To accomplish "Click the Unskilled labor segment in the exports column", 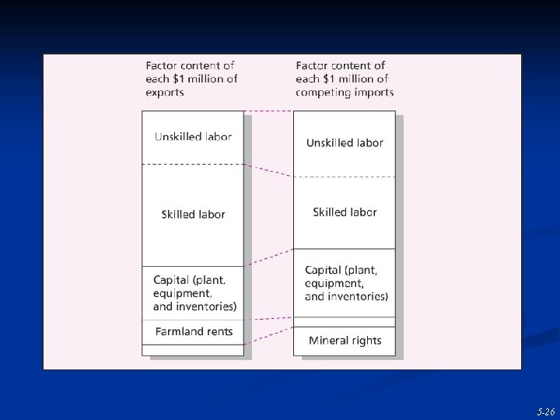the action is pos(192,137).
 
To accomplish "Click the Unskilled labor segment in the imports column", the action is pos(344,143).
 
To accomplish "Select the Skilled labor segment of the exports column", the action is pos(192,215).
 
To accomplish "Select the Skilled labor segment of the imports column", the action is pos(344,212).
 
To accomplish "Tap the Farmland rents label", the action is pos(194,331).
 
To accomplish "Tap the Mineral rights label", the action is pos(345,341).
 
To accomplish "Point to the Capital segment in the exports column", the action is pos(192,293).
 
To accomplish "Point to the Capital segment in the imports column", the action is pos(344,283).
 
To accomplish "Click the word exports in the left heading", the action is pos(165,93).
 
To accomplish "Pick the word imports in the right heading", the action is pos(374,93).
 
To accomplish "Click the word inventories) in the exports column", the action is pos(208,306).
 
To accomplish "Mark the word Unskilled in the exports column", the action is pos(178,137).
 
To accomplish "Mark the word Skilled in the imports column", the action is pos(330,212).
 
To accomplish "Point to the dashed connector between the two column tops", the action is pos(269,111).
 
